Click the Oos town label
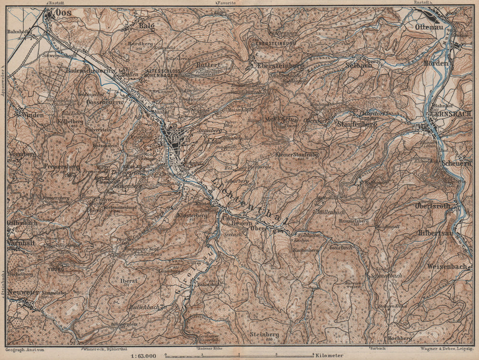[x=64, y=13]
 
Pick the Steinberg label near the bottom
[x=264, y=334]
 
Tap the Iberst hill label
[x=129, y=280]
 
